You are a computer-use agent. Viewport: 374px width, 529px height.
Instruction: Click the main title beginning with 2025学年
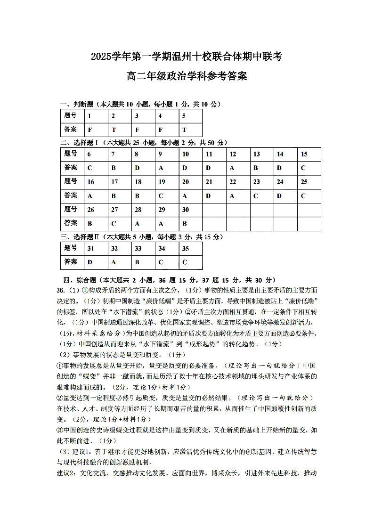click(x=187, y=57)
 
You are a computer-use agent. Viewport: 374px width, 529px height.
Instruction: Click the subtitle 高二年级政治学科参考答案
click(x=187, y=76)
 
